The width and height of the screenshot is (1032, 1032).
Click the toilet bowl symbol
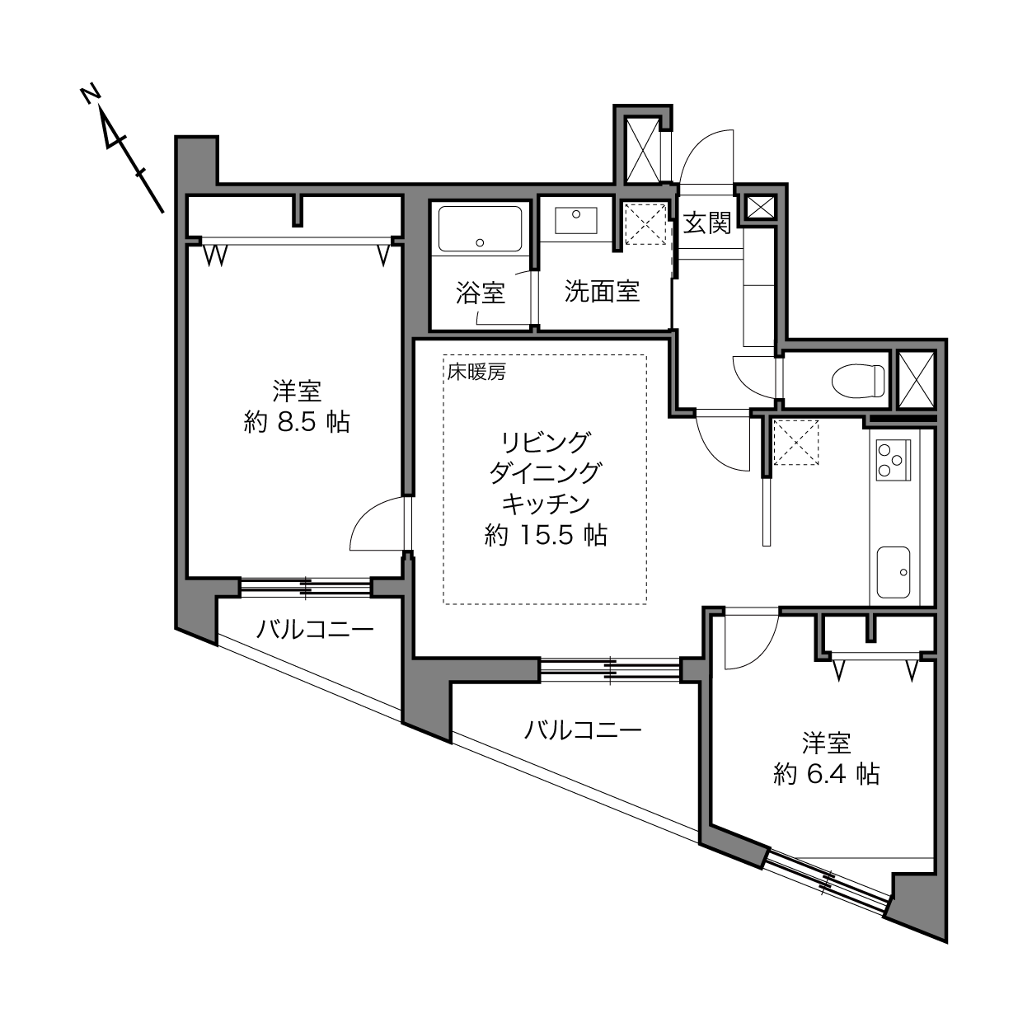click(858, 381)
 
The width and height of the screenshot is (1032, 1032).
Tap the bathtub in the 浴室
click(480, 228)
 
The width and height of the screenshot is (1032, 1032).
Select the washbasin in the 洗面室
click(575, 220)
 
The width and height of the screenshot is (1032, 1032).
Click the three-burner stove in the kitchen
click(893, 459)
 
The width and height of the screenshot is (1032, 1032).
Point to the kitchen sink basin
click(893, 573)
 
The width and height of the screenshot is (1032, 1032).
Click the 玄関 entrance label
click(707, 223)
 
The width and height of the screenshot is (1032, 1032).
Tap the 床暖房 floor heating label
click(476, 372)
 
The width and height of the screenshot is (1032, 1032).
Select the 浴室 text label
click(481, 293)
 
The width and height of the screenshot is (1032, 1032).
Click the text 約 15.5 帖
click(546, 534)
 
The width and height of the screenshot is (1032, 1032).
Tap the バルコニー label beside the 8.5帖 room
click(315, 630)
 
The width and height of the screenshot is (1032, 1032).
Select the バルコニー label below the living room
click(583, 730)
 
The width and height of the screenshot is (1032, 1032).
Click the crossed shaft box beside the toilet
click(917, 380)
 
